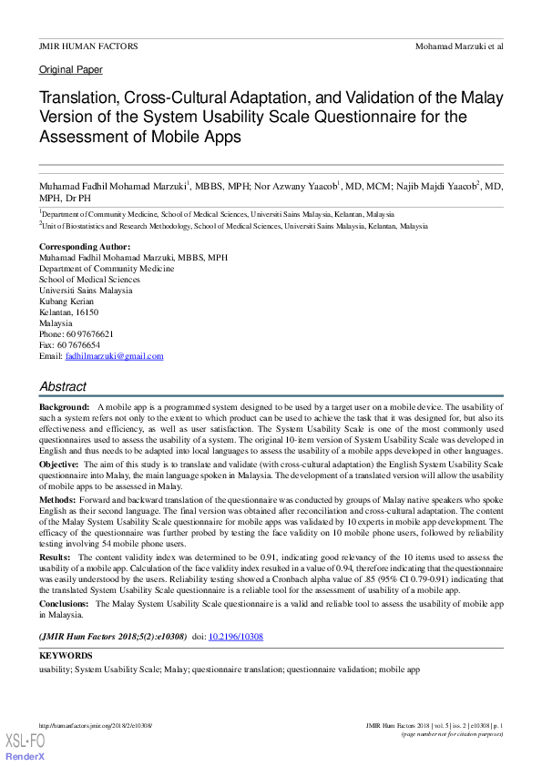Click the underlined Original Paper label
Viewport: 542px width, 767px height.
coord(71,69)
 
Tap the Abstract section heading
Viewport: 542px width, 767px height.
coord(63,386)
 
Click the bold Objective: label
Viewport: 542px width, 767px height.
coord(59,465)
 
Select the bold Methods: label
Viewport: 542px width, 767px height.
coord(57,499)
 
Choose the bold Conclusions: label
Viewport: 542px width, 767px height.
coord(64,604)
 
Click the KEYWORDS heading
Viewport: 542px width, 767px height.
coord(66,656)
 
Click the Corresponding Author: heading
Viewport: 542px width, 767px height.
coord(85,247)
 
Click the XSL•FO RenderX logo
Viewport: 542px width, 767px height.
coord(25,747)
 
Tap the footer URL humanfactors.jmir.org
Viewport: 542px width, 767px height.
coord(96,725)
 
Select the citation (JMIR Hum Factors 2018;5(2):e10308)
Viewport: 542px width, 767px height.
coord(112,636)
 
